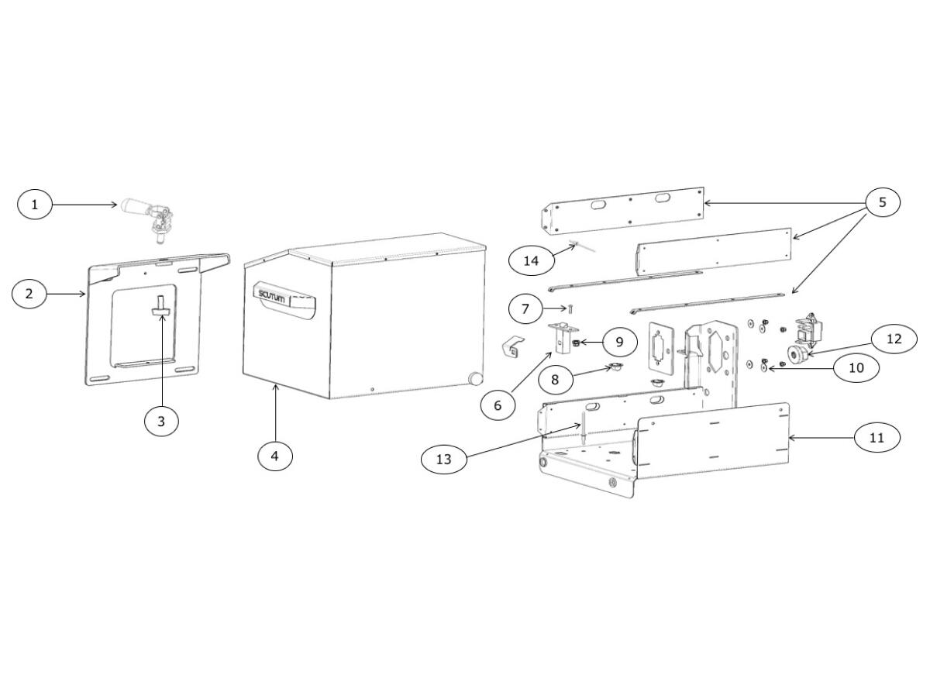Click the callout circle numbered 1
click(35, 205)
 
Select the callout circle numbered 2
click(29, 294)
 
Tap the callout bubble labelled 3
click(161, 422)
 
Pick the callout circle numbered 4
click(275, 456)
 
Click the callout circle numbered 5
click(883, 202)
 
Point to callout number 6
click(498, 405)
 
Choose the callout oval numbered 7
click(525, 308)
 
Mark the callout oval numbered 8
click(555, 380)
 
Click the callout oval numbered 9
click(619, 342)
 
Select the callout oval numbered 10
click(856, 367)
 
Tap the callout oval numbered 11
click(877, 438)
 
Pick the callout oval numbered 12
click(894, 339)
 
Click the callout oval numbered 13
click(444, 459)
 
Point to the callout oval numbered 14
click(531, 260)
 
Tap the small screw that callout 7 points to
click(570, 308)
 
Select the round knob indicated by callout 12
click(798, 355)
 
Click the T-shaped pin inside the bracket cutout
click(161, 306)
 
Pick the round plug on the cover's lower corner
click(475, 378)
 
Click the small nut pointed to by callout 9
click(575, 343)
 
